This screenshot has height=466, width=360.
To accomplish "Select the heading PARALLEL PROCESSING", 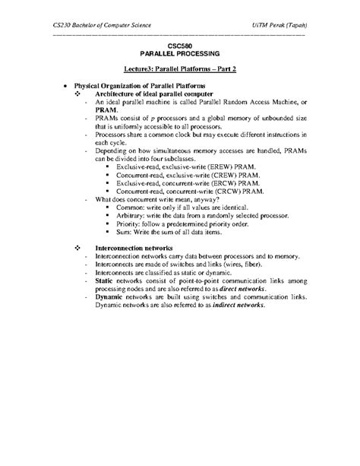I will [180, 55].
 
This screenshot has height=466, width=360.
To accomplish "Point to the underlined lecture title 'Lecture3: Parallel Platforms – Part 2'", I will [179, 68].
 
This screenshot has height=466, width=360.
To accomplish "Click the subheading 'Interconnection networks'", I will [134, 249].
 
